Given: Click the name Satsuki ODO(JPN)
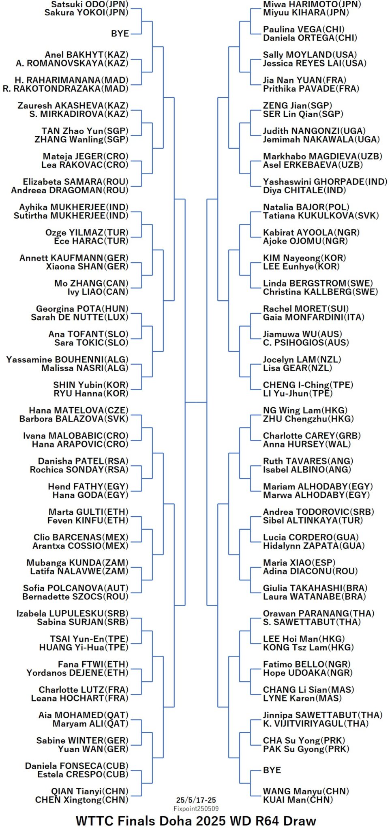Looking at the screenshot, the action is point(90,4).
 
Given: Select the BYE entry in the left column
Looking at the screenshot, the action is point(120,34).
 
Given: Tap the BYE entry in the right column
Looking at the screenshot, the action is point(272,770).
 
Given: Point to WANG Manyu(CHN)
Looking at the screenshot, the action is point(306,791).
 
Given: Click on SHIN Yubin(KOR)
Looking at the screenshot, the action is point(91,385).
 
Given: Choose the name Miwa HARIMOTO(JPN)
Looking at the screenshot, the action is point(312,4).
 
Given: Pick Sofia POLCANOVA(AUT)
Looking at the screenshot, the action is point(76,588).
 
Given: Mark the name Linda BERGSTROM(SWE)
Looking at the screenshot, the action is point(318,283).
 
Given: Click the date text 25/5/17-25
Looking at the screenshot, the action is point(196,800).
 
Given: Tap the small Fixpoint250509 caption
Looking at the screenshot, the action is point(196,809).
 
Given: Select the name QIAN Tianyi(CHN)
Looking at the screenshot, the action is point(90,791).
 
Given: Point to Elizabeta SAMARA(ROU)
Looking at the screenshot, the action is point(76,182).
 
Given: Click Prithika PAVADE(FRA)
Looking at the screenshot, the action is point(311,89).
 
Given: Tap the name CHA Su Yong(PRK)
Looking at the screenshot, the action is point(304,740).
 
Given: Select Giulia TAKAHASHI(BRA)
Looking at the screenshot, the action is point(315,588).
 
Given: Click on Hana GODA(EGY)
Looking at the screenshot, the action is point(90,495).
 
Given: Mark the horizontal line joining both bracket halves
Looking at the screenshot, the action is point(196,402).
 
